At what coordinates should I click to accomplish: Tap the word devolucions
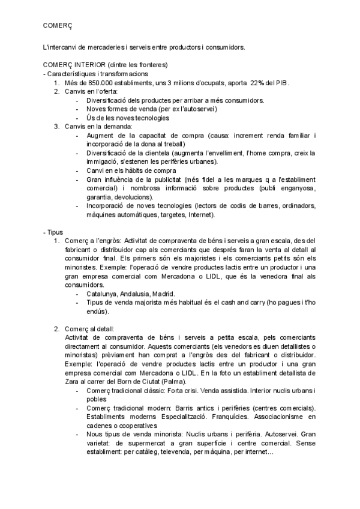point(133,196)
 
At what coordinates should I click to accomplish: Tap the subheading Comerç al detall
point(92,329)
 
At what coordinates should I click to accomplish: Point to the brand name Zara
point(73,382)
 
